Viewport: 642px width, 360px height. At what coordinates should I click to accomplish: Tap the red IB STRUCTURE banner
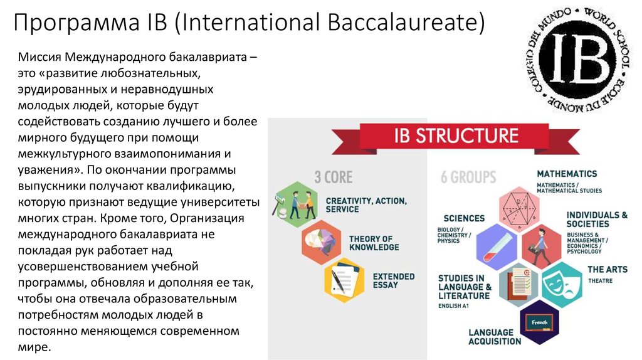(455, 137)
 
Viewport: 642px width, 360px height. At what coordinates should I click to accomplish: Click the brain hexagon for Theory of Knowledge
(322, 242)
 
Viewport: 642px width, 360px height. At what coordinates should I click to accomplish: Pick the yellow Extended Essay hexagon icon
(344, 280)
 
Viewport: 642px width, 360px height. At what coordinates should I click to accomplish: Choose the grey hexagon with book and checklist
(518, 285)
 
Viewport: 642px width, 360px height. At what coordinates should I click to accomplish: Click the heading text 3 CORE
(334, 177)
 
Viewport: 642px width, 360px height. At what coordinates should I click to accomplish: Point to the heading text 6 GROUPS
(468, 177)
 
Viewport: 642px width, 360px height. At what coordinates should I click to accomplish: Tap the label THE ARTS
(608, 270)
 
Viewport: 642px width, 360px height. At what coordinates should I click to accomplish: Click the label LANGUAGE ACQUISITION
(495, 337)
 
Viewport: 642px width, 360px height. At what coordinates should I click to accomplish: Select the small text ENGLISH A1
(453, 306)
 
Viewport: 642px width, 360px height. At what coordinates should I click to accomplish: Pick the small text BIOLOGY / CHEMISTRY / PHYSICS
(454, 235)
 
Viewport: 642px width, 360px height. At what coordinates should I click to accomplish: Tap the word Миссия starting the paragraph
(39, 57)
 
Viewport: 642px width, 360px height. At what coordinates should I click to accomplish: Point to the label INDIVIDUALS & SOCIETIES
(597, 220)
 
